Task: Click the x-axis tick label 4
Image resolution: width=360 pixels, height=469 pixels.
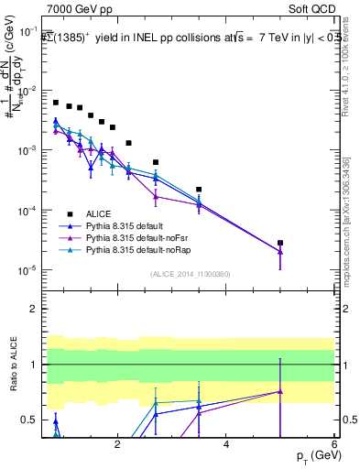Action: tap(225, 445)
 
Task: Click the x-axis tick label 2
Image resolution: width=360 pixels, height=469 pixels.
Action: tap(117, 445)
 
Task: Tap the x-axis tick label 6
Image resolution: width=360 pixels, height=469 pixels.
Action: tap(333, 445)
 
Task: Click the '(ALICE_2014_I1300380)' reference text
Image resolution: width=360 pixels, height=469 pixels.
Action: tap(189, 273)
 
